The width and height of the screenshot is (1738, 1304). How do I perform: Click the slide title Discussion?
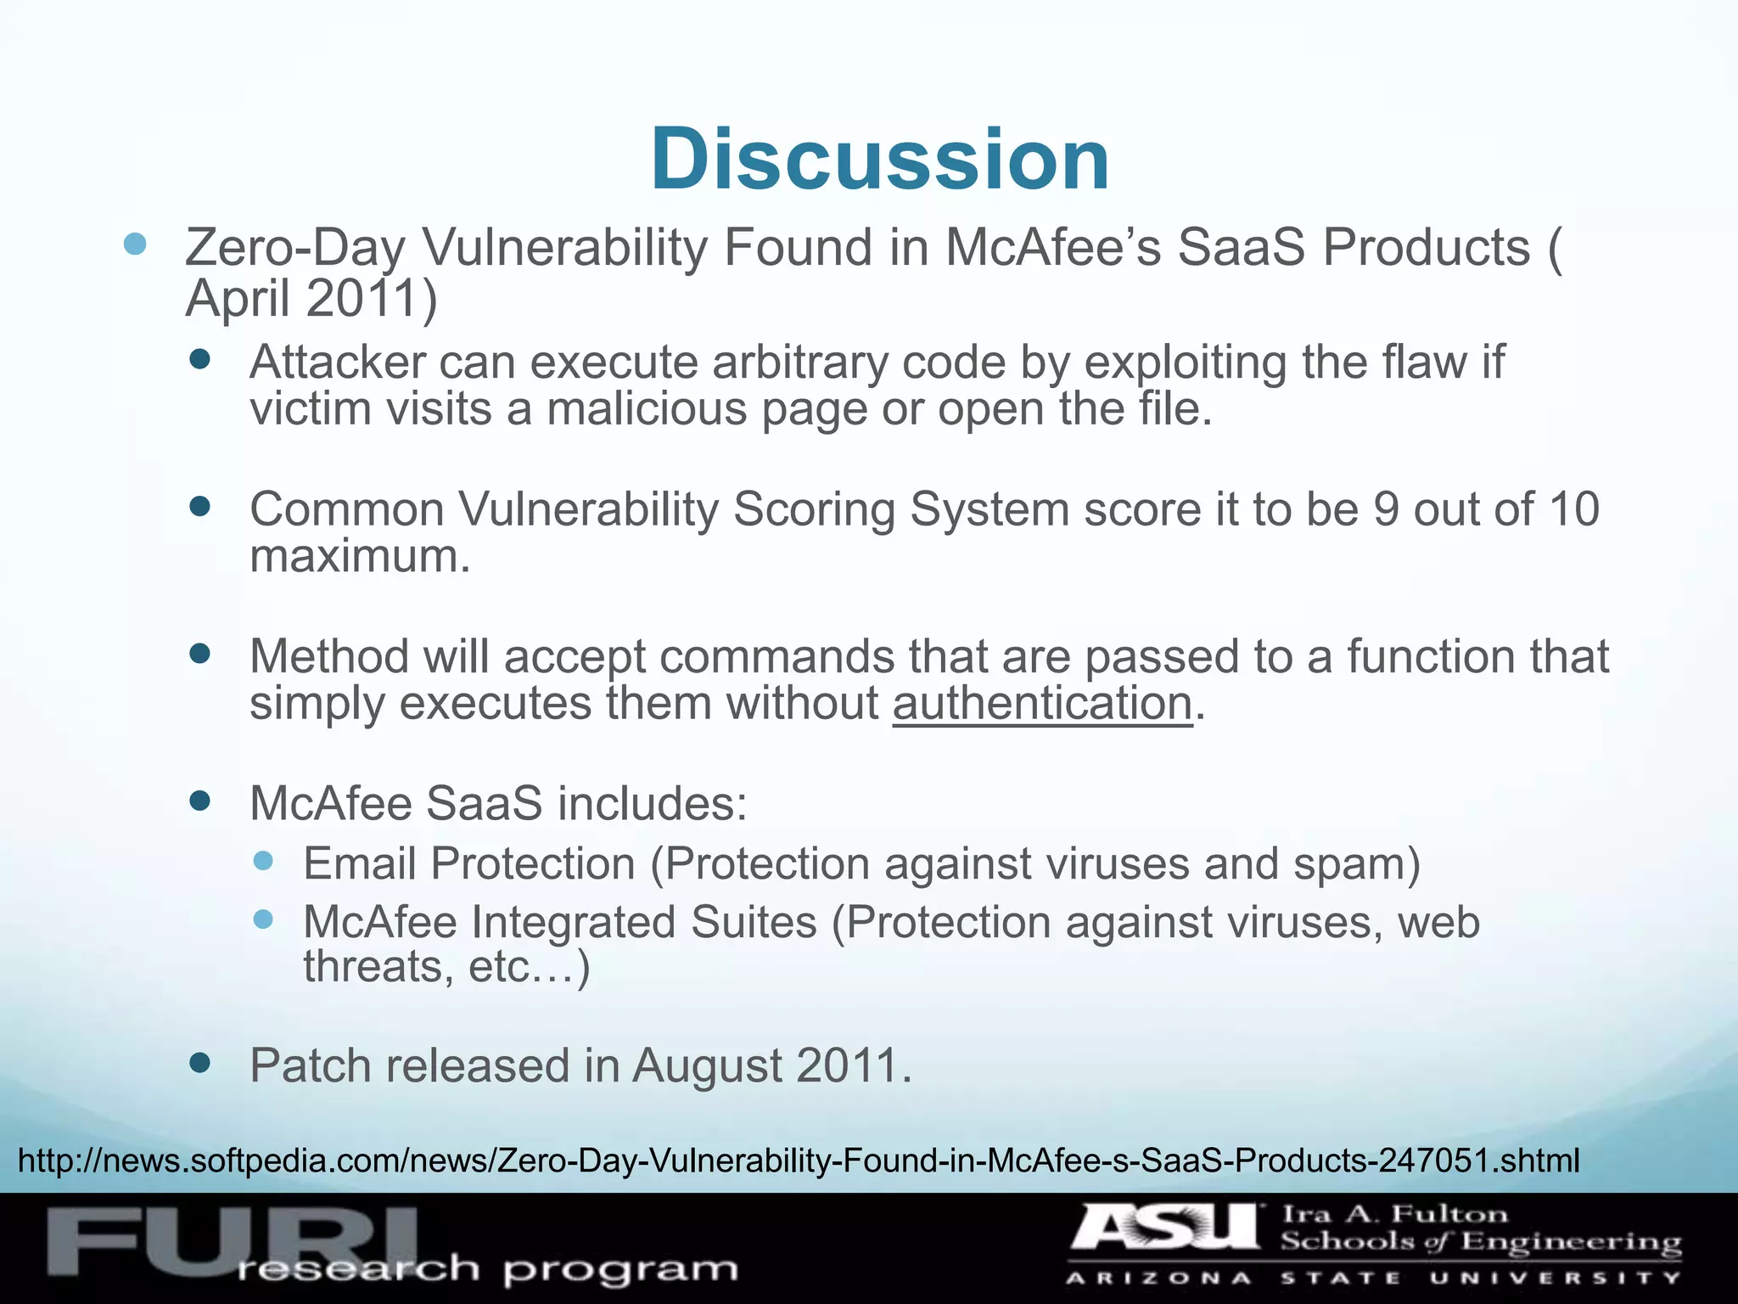point(880,160)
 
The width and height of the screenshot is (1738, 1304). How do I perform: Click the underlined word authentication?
point(1042,704)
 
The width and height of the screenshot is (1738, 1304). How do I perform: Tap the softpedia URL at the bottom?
point(798,1160)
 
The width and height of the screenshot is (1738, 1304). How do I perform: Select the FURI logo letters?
point(229,1241)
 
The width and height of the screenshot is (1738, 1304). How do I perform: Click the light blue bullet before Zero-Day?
point(135,245)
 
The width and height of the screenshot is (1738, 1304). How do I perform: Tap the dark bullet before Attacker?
point(200,360)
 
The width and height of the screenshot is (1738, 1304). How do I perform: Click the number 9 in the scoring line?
point(1386,509)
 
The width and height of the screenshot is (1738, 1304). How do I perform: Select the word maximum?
point(359,557)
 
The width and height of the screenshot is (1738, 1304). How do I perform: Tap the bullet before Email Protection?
point(264,861)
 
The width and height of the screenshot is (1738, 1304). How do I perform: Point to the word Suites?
point(754,922)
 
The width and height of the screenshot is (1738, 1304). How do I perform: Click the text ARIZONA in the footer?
point(1158,1278)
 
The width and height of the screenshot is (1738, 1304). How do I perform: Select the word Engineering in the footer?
point(1571,1243)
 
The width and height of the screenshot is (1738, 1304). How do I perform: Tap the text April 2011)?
point(311,299)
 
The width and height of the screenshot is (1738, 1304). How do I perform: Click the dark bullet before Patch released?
point(200,1063)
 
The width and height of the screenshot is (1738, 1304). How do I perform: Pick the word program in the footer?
point(620,1271)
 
